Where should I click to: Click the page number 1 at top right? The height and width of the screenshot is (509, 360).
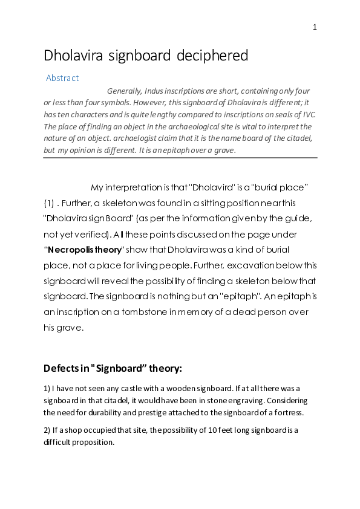[x=315, y=27]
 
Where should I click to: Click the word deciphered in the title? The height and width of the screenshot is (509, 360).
[x=212, y=56]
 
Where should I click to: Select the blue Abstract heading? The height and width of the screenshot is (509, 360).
[x=62, y=78]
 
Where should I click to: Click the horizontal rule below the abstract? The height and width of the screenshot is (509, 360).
[x=180, y=158]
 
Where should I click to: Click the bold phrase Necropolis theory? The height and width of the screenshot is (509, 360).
[x=84, y=250]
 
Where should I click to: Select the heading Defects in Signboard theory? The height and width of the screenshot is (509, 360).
[x=113, y=368]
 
